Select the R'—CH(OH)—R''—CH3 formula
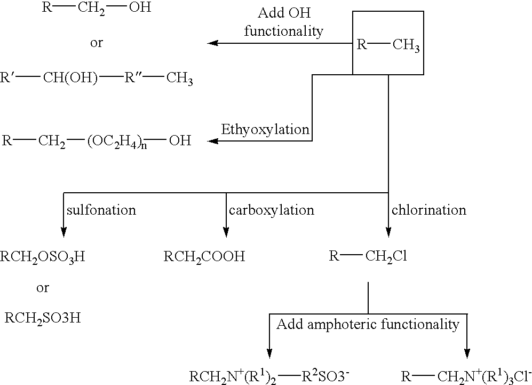(97, 78)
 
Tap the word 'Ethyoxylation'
(265, 129)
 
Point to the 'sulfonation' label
(101, 210)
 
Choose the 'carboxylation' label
(271, 210)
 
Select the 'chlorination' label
(428, 210)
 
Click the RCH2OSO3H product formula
(43, 257)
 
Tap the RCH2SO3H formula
(43, 318)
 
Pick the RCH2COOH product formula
(204, 257)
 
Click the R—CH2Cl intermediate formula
(368, 257)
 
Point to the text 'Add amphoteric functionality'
(368, 324)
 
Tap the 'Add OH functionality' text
(283, 22)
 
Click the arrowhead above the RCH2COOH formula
(226, 232)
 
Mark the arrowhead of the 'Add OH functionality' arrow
(212, 43)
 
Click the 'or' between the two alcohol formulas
(96, 43)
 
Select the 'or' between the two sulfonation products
(42, 288)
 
